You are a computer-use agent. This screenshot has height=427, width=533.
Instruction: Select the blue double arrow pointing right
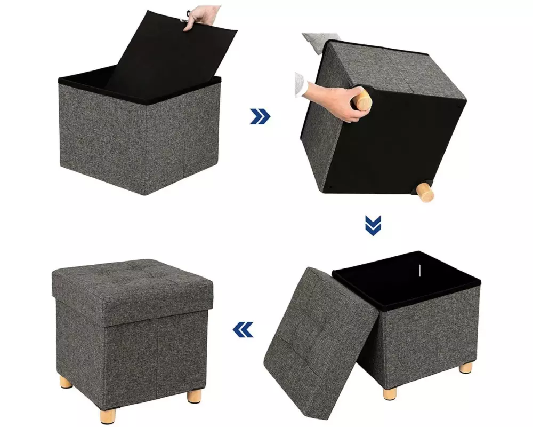(260, 116)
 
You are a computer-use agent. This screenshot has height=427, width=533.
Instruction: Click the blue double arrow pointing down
(373, 225)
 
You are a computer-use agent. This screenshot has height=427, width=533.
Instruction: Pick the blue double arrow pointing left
(243, 330)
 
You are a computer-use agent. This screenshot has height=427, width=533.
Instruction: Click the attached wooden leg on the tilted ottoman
(425, 192)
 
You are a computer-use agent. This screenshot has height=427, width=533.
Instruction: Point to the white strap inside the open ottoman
(419, 266)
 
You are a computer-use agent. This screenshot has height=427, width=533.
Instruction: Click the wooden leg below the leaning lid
(390, 392)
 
